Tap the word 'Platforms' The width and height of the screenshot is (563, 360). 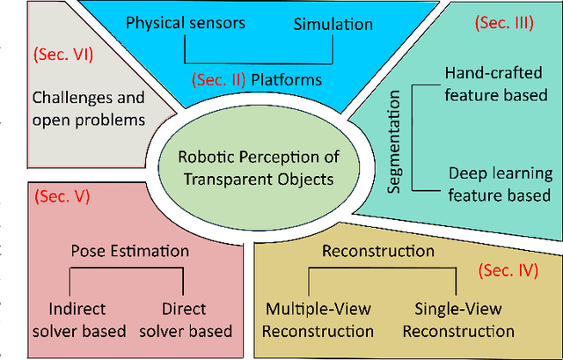pyautogui.click(x=287, y=80)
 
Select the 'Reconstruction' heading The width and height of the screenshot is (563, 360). pyautogui.click(x=378, y=251)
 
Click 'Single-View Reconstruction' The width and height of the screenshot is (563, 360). pyautogui.click(x=464, y=320)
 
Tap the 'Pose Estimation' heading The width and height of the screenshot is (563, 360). pyautogui.click(x=130, y=251)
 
